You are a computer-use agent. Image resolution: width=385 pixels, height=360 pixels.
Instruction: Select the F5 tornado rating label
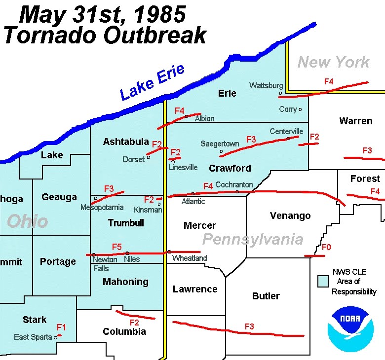(x=117, y=247)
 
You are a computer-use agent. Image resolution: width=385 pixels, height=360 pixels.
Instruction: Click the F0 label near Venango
(x=325, y=248)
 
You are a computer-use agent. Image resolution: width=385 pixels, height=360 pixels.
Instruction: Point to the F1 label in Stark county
(x=61, y=327)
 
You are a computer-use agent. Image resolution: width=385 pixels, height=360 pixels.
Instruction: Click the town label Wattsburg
(x=266, y=85)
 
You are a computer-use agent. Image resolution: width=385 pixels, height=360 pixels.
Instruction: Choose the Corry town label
(x=288, y=109)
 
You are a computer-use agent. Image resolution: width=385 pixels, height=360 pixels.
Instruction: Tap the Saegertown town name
(x=220, y=144)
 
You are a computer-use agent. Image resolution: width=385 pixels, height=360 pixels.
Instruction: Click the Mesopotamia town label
(x=102, y=208)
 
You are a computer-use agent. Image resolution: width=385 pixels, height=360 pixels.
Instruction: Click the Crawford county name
(x=230, y=168)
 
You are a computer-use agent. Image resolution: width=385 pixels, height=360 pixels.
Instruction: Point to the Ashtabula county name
(x=126, y=142)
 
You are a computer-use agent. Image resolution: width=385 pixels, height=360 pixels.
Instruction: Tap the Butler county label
(x=266, y=296)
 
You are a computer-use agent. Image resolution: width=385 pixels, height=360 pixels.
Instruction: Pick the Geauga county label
(x=59, y=197)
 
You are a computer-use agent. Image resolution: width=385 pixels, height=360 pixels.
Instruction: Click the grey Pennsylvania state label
(x=253, y=240)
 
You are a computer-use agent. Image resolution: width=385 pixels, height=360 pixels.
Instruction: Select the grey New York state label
(x=333, y=63)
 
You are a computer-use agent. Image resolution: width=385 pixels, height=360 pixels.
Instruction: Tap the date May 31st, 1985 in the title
(x=103, y=15)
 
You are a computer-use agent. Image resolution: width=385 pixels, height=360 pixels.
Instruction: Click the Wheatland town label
(x=190, y=258)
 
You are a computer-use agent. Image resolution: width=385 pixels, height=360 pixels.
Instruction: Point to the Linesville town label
(x=183, y=167)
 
